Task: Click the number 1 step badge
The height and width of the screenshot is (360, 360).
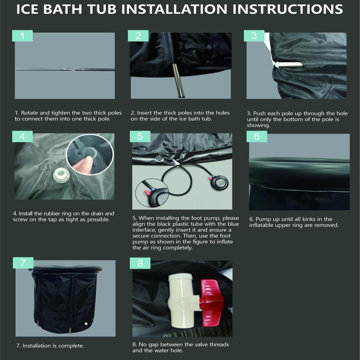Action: tap(22, 36)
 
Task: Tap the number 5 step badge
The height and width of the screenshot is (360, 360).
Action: tap(140, 137)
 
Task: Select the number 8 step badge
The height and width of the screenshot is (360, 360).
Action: tap(140, 263)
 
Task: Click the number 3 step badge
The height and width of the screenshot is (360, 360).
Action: tap(254, 36)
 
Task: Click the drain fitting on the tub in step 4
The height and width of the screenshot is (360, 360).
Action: tap(61, 175)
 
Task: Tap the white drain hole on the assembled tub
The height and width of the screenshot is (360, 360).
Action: tap(86, 324)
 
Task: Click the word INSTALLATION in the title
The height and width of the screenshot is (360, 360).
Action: tap(174, 9)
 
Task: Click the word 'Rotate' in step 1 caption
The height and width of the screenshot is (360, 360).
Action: tap(29, 113)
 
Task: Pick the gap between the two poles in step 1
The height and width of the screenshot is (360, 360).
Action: tap(73, 69)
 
